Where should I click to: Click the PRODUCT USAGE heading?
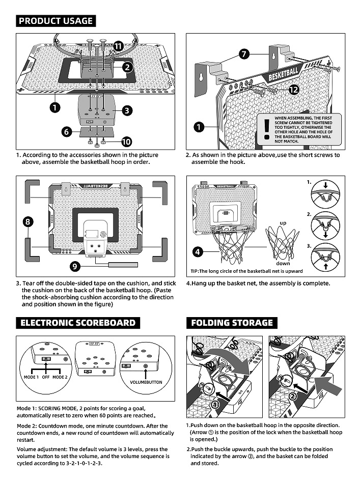click(56, 21)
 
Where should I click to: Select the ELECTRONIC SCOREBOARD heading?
click(78, 323)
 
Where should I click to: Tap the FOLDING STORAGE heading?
click(232, 323)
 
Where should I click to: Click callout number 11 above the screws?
click(118, 46)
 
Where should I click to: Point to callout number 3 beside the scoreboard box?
click(127, 109)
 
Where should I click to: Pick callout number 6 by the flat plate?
click(66, 131)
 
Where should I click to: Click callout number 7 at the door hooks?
click(243, 53)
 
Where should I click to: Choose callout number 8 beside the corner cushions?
click(28, 221)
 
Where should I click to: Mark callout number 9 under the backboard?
click(74, 265)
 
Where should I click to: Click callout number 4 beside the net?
click(199, 251)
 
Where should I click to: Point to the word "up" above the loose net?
click(284, 223)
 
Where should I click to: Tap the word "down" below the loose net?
click(283, 263)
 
